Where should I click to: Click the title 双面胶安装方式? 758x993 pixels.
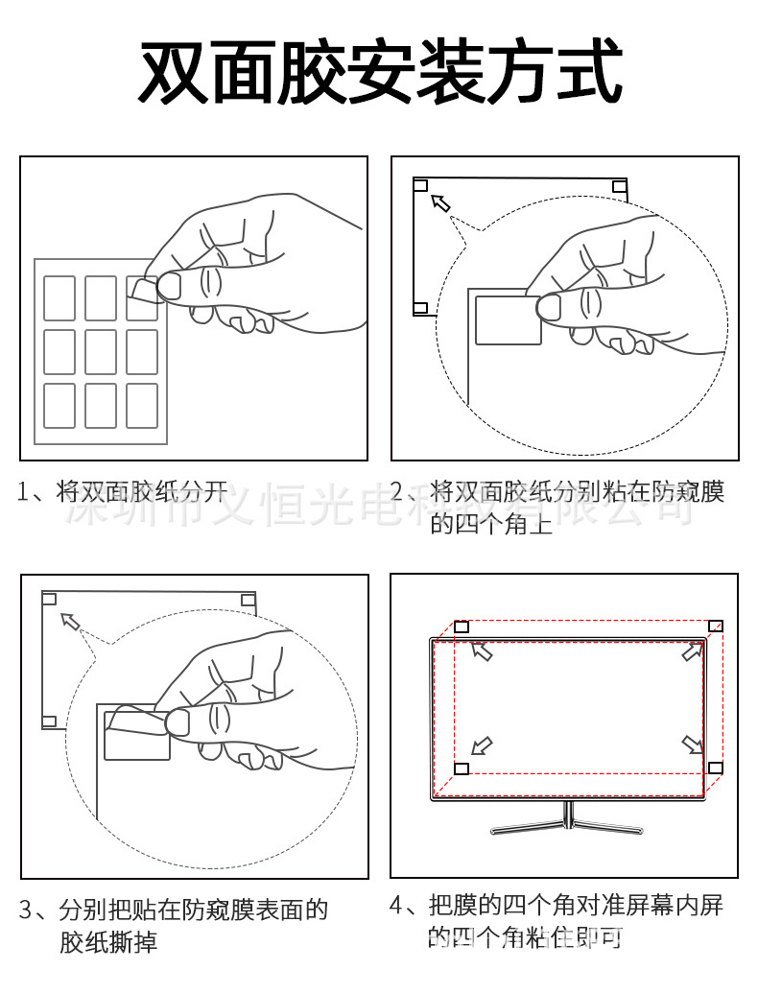[380, 72]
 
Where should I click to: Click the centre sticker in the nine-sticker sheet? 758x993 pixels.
[101, 351]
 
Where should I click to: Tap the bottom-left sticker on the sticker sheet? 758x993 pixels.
[59, 405]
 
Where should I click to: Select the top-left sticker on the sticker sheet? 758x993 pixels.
[59, 298]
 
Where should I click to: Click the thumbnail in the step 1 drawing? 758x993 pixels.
[173, 284]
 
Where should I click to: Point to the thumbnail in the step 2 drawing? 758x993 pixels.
[550, 307]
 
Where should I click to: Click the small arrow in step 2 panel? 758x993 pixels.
[440, 202]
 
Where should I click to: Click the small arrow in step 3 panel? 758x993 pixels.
[70, 621]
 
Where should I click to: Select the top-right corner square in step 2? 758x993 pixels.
[620, 185]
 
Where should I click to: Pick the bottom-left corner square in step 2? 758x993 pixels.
[420, 308]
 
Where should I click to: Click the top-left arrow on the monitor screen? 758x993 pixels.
[482, 652]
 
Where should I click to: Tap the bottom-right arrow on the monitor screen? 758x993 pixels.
[692, 745]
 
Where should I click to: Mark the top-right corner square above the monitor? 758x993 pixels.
[715, 627]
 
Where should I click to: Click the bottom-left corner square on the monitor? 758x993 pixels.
[462, 768]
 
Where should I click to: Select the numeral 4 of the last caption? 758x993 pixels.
[398, 905]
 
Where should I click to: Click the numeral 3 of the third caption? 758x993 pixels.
[29, 910]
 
